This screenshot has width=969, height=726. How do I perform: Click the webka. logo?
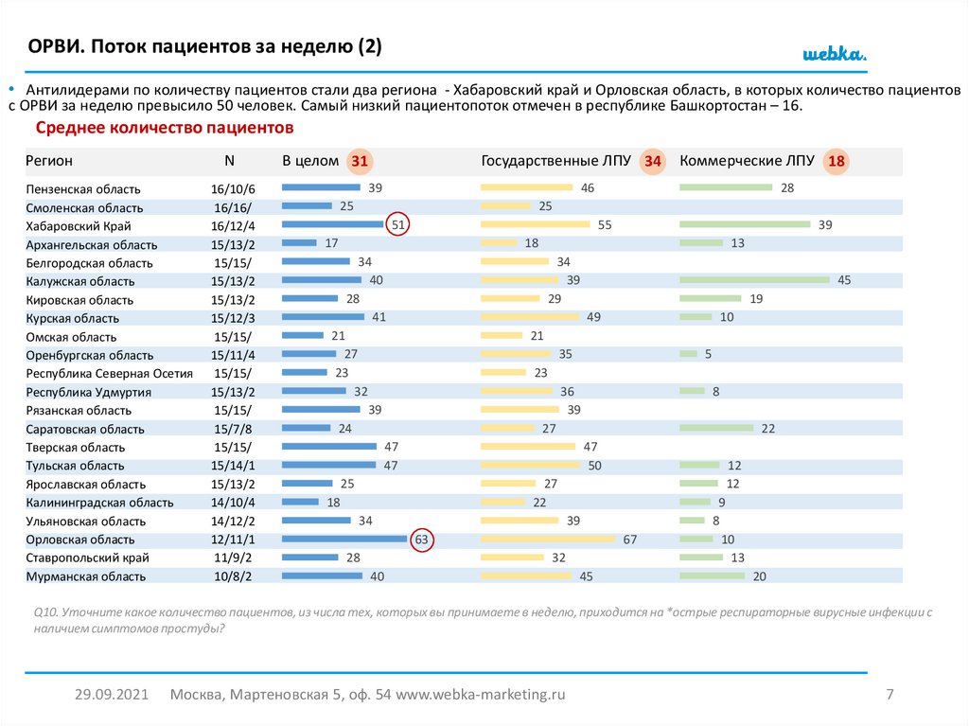tap(835, 54)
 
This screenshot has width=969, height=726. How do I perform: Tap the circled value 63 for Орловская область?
tap(422, 540)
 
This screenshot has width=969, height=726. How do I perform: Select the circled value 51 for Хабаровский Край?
tap(398, 225)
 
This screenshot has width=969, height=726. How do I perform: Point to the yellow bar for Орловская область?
tap(548, 540)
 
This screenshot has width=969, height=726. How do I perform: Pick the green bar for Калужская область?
tap(754, 280)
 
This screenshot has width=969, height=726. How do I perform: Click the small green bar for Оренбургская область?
tap(688, 354)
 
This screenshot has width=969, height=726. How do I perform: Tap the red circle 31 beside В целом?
tap(360, 162)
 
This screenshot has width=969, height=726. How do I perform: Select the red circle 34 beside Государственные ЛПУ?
tap(653, 162)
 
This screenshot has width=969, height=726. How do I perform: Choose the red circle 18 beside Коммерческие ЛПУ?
tap(836, 162)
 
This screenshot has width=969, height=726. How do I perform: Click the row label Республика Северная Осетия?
tap(109, 374)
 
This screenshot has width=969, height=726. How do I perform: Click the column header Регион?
tap(49, 162)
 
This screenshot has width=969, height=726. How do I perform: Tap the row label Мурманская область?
tap(86, 576)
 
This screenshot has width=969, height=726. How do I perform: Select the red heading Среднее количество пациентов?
tap(165, 128)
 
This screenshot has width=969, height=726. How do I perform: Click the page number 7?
tap(890, 695)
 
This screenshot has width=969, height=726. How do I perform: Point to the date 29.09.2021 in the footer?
tap(112, 695)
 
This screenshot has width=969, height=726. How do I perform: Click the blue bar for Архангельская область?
tap(300, 243)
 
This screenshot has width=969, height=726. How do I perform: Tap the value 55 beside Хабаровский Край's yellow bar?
tap(606, 225)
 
